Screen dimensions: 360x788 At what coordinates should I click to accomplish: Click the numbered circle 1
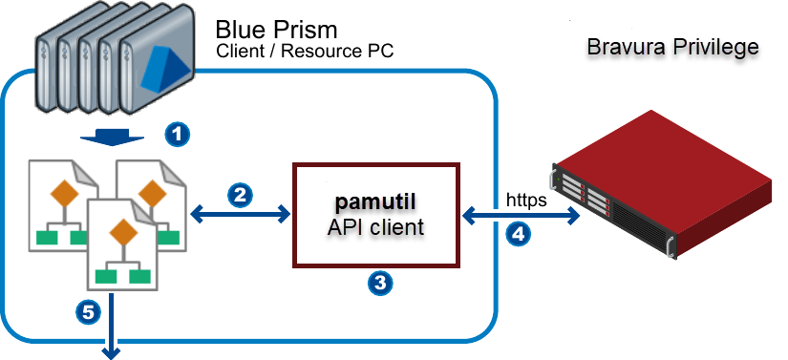pos(175,133)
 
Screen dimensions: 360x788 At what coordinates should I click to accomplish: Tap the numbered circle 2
pos(241,196)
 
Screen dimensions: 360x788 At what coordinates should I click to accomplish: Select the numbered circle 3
pos(379,282)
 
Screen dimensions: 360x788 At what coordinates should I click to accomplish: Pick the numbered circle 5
pos(88,311)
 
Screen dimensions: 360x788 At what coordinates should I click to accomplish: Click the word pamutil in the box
pos(379,203)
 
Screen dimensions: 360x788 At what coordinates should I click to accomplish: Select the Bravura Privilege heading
pos(672,47)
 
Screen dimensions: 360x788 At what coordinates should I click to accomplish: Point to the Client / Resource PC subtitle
pos(305,51)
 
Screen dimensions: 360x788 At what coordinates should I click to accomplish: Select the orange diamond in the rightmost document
pos(150,194)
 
